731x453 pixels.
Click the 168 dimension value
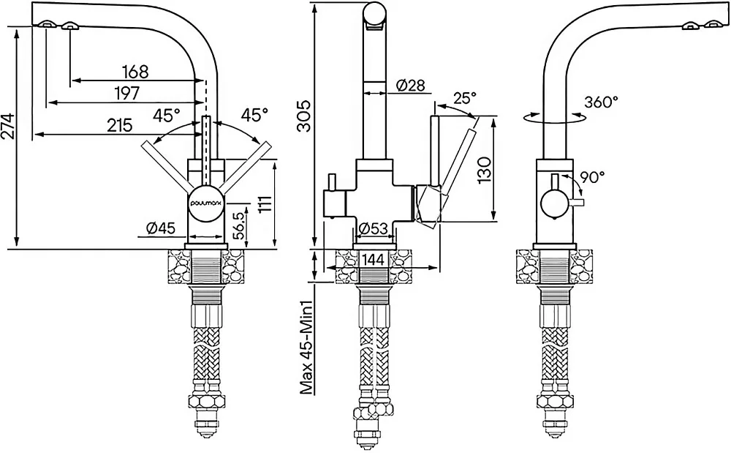(x=136, y=72)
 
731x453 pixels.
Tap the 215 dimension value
(x=120, y=125)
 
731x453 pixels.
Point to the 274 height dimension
(x=8, y=126)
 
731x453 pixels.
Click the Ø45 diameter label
(x=160, y=228)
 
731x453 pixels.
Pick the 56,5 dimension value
(x=239, y=225)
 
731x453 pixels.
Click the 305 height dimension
(x=304, y=116)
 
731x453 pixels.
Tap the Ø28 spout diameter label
(x=411, y=86)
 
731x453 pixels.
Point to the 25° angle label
(x=465, y=99)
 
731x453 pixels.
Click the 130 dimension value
(x=485, y=170)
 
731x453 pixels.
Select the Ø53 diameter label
(x=373, y=228)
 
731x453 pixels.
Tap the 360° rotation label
(x=602, y=102)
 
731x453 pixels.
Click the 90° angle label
(x=593, y=177)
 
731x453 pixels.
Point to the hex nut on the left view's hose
(x=207, y=400)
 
